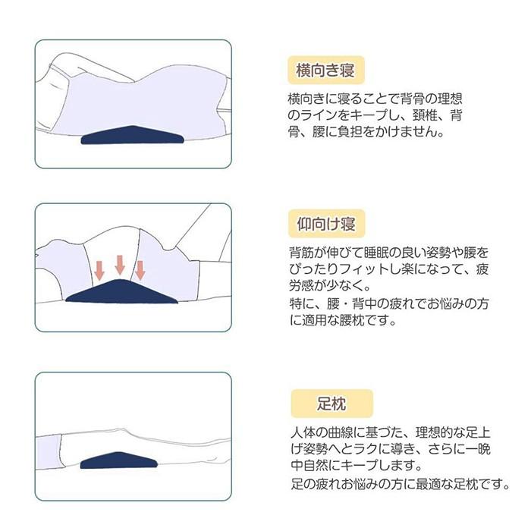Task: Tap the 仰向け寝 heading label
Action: [x=327, y=225]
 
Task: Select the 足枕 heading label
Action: [x=321, y=401]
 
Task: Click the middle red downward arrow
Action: [x=119, y=264]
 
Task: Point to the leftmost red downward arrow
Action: [x=99, y=269]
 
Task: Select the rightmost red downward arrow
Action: [x=139, y=269]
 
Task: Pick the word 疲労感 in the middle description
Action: [x=313, y=286]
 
